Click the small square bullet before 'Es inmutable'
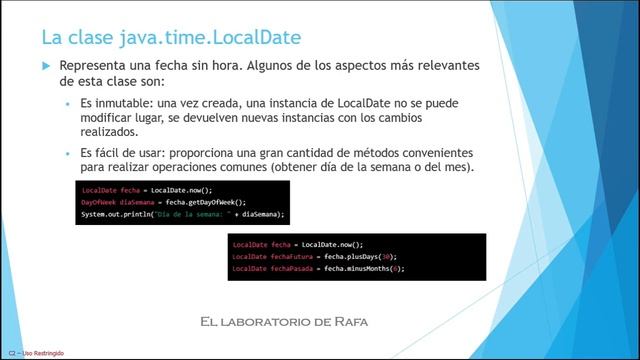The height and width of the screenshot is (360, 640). pos(69,103)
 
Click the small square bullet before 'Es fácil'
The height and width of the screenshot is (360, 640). pos(69,151)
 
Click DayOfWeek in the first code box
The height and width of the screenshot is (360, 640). pos(97,201)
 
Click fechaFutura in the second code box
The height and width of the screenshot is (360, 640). pos(291,256)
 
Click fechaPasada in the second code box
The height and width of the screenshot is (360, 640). pos(291,268)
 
